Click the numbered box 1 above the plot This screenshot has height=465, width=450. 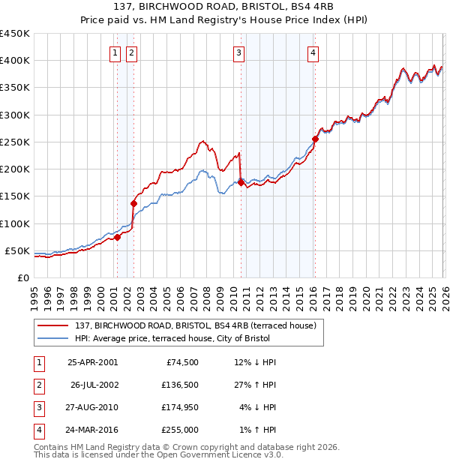click(115, 52)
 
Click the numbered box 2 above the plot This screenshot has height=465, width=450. click(131, 52)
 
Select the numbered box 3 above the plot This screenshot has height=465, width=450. click(238, 52)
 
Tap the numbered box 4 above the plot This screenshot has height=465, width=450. click(312, 52)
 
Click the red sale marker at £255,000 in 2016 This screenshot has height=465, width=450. click(315, 139)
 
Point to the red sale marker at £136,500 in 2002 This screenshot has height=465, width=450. click(133, 203)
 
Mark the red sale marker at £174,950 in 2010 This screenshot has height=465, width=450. click(241, 182)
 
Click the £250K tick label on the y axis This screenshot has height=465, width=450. click(14, 142)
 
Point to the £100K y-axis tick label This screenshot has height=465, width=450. click(14, 223)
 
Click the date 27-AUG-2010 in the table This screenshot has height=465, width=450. click(92, 409)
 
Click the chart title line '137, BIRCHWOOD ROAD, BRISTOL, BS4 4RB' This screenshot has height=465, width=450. click(225, 7)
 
